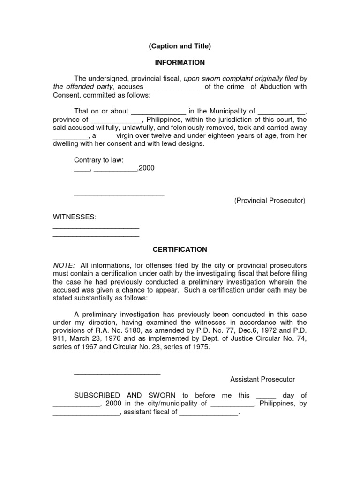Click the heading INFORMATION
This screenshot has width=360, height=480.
tap(180, 62)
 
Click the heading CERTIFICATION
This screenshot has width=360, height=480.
tap(180, 250)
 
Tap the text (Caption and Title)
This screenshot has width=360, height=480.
tap(180, 46)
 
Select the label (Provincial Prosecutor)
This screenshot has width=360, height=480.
tap(270, 201)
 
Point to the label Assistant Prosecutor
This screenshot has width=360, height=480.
tap(262, 379)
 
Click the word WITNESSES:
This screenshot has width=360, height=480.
tap(75, 217)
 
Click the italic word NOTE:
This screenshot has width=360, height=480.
tap(63, 265)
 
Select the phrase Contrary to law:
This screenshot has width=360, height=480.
tap(98, 160)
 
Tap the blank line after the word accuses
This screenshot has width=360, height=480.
tap(174, 88)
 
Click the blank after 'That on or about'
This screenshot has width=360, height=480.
tap(158, 112)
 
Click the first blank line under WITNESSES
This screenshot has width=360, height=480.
tap(96, 227)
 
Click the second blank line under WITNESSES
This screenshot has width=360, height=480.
tap(96, 235)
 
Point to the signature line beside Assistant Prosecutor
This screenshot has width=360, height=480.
tap(117, 373)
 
